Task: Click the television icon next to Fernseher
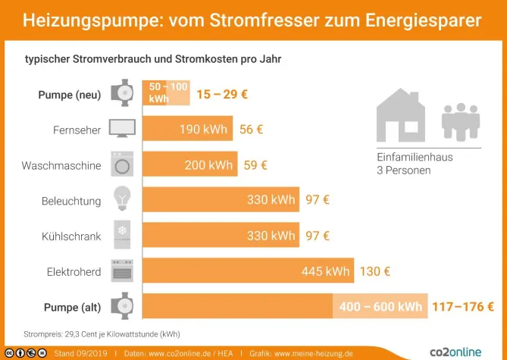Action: click(122, 129)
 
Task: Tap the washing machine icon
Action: click(122, 164)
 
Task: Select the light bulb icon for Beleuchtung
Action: click(122, 200)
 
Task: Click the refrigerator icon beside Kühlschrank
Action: click(122, 236)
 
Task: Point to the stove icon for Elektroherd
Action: click(122, 271)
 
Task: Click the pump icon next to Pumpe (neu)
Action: click(122, 94)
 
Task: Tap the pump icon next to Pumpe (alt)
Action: click(122, 306)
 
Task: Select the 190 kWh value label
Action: click(203, 130)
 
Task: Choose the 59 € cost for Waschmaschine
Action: click(255, 164)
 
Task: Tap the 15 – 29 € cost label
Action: click(222, 95)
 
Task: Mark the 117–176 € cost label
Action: click(462, 307)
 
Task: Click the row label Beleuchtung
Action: click(71, 201)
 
